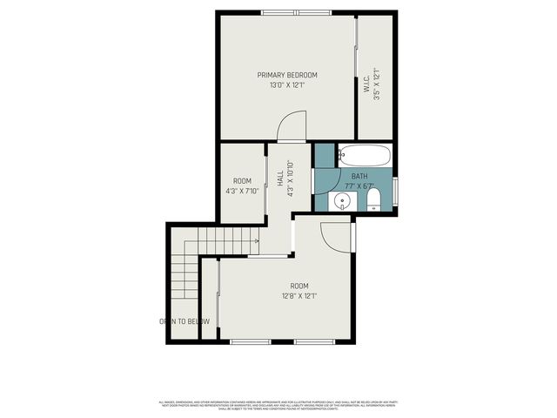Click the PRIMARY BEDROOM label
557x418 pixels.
click(x=286, y=75)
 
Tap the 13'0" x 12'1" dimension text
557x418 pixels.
click(x=286, y=85)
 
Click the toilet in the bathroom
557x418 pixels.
click(x=373, y=202)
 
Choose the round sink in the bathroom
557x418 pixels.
click(x=343, y=202)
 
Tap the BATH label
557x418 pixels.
click(x=359, y=176)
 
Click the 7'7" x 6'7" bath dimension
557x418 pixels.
click(x=359, y=185)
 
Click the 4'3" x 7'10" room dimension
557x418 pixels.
click(x=241, y=191)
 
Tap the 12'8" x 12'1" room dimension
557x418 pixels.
click(x=299, y=296)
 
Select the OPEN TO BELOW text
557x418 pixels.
click(x=185, y=321)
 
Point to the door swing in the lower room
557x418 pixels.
click(x=335, y=233)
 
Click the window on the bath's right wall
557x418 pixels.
click(x=396, y=189)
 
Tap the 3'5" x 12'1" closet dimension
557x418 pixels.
click(x=378, y=90)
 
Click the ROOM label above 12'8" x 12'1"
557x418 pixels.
click(x=299, y=286)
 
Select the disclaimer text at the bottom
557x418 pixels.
click(x=278, y=405)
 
